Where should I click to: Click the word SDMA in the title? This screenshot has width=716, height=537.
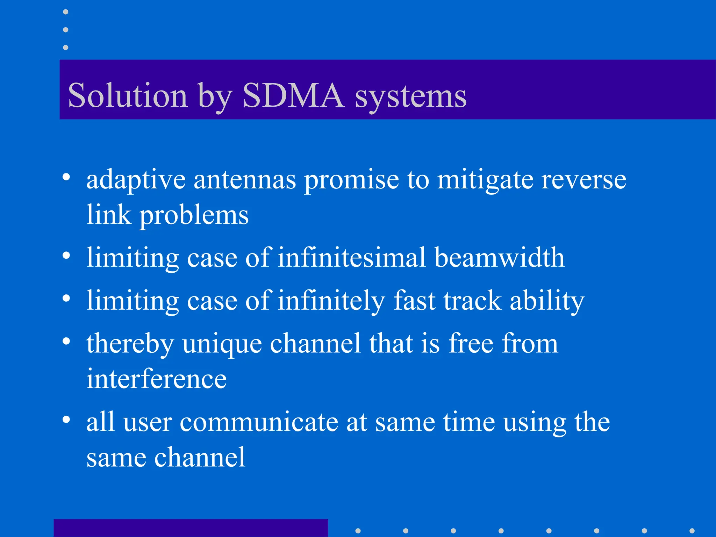[293, 95]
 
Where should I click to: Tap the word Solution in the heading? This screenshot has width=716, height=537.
[128, 95]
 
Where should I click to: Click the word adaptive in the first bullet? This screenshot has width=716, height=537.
[136, 180]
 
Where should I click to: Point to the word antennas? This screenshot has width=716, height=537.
[245, 180]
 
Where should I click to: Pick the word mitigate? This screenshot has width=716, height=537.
[485, 180]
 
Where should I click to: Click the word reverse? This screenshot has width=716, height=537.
[583, 180]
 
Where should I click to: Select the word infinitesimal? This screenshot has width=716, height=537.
[352, 258]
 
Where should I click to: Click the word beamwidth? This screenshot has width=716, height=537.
[500, 258]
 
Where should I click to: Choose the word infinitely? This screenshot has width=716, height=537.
[331, 301]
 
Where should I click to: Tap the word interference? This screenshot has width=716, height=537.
[156, 379]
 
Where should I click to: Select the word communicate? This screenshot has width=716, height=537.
[259, 422]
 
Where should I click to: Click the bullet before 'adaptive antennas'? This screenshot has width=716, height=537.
[66, 177]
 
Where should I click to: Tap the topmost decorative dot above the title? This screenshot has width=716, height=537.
[65, 12]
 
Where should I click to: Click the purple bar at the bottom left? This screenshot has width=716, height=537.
[191, 528]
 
